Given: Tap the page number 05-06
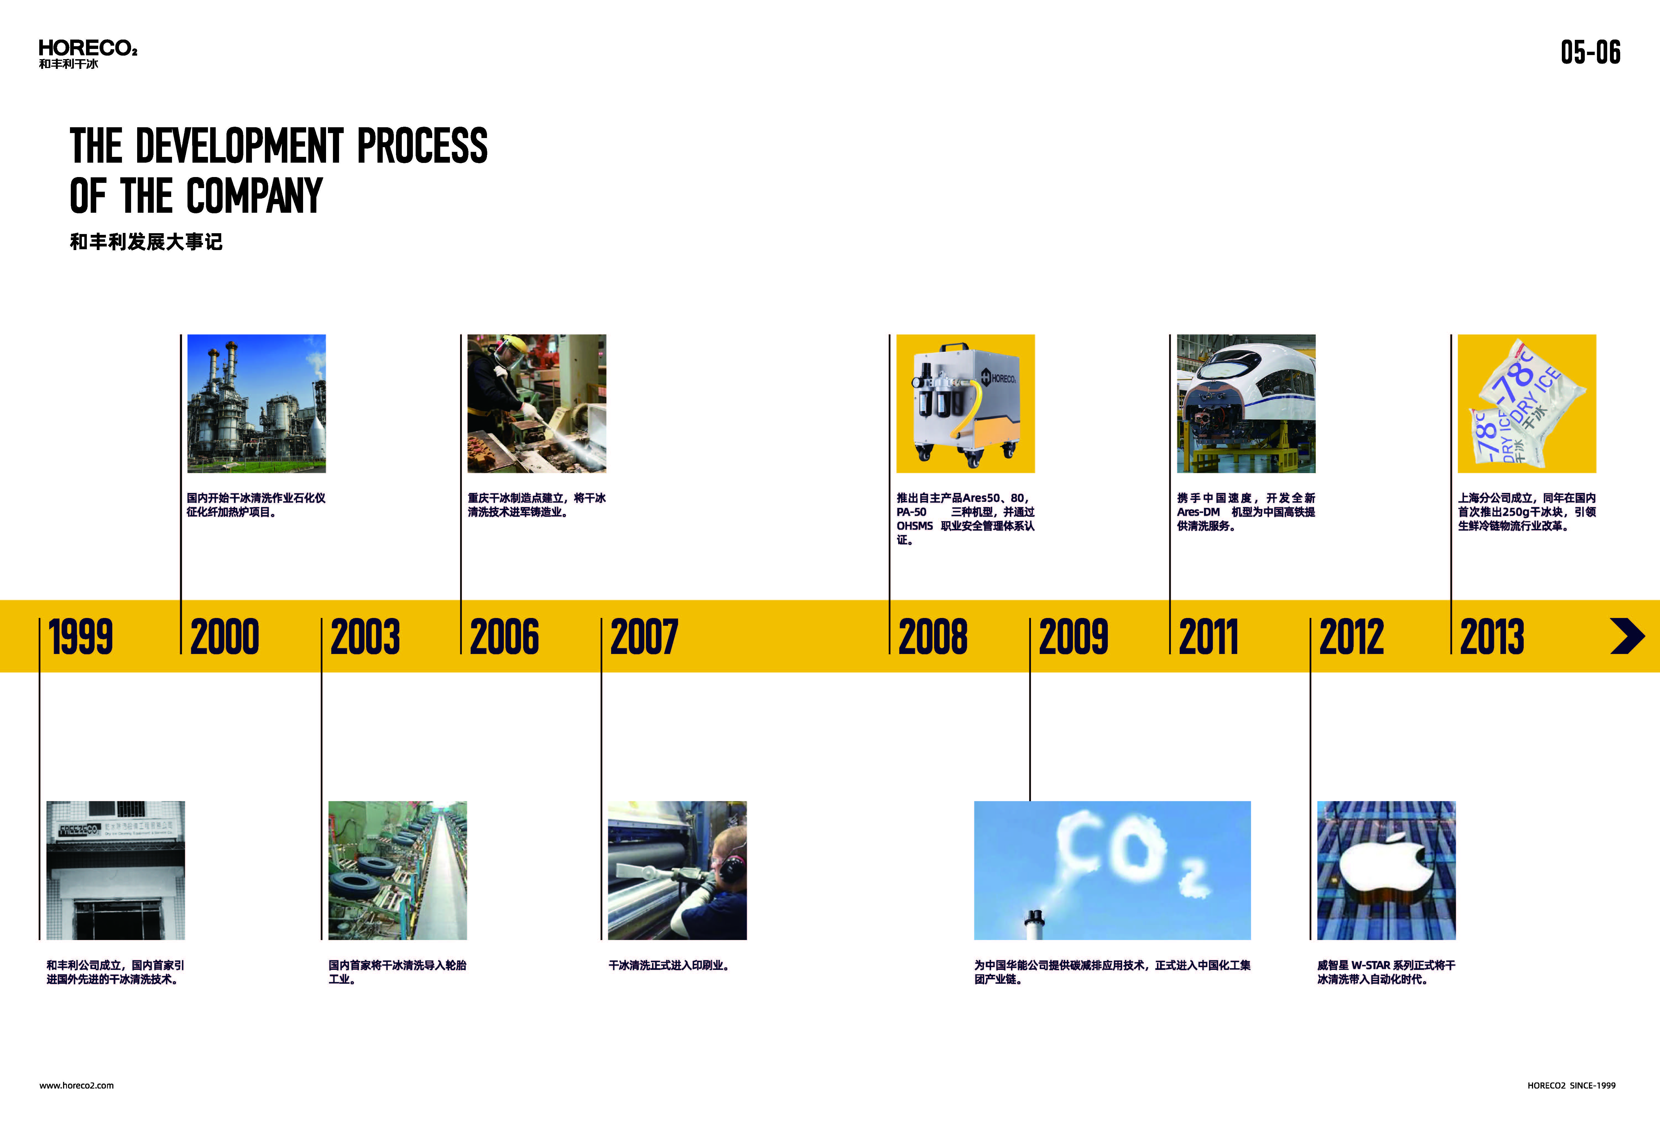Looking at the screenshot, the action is tap(1590, 52).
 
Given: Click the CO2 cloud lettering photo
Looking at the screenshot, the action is tap(1112, 871).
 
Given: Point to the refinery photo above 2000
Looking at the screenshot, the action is tap(256, 404).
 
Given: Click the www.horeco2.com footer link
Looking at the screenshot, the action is tap(76, 1086).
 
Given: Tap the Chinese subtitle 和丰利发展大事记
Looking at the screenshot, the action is tap(147, 242).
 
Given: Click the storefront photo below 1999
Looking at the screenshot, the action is tap(116, 871).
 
